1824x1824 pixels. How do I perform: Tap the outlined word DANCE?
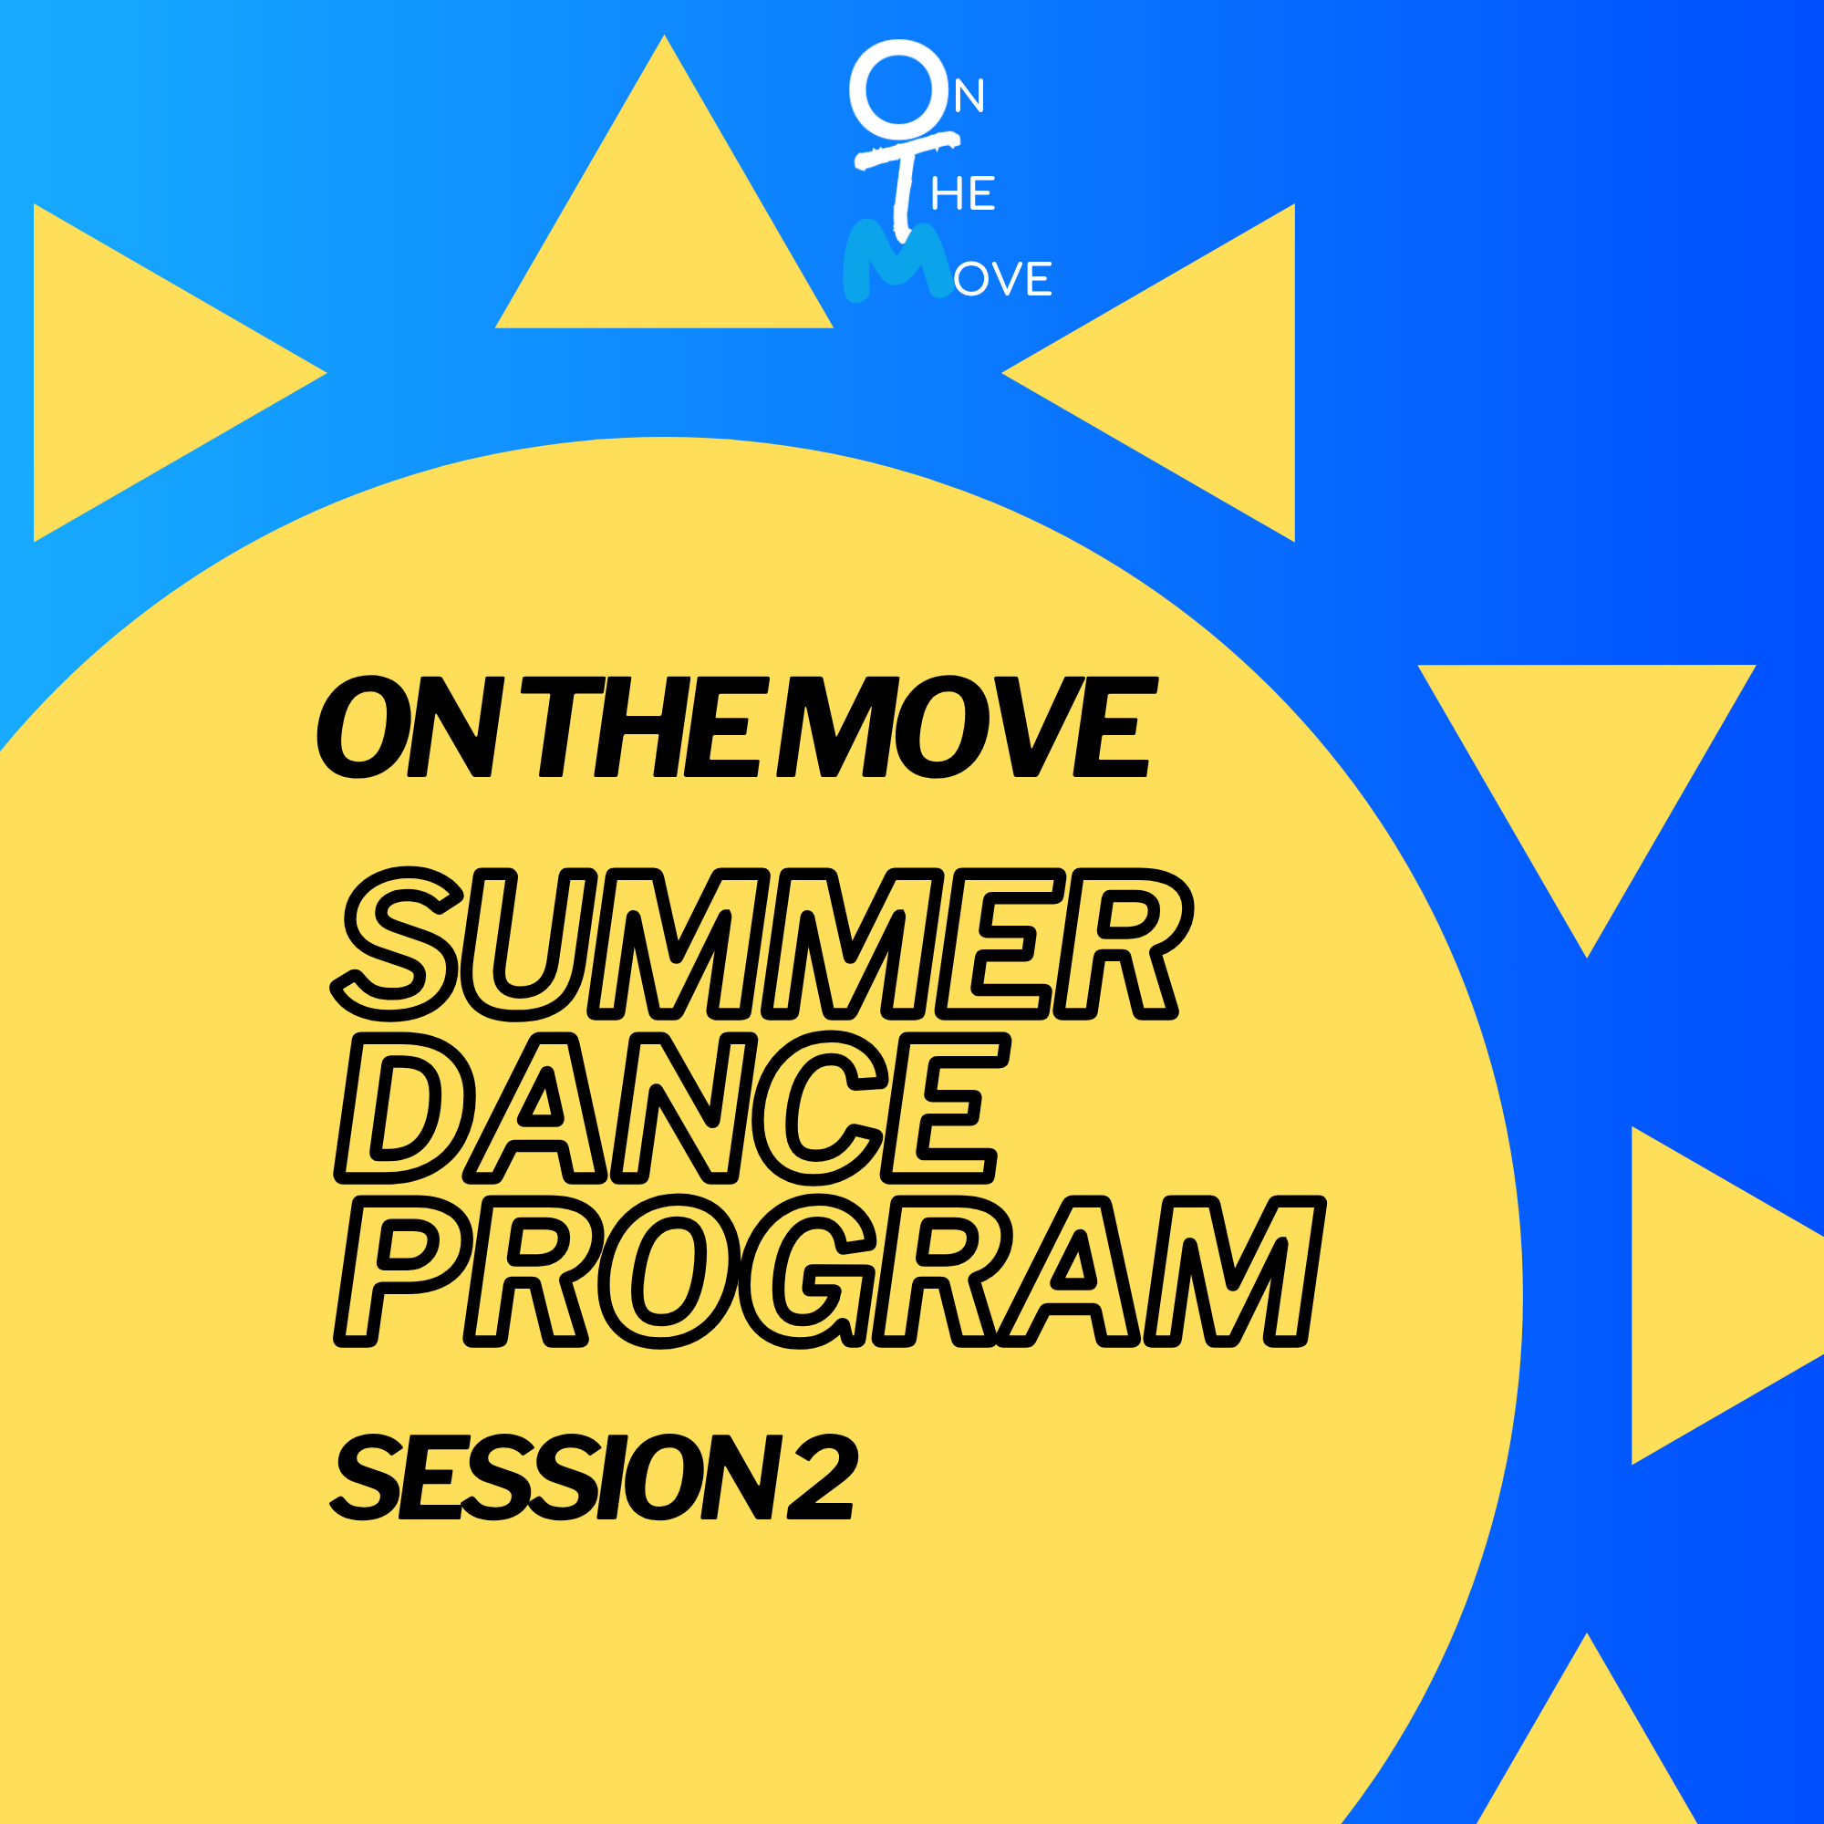[670, 1107]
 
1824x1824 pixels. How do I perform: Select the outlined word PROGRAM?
[831, 1271]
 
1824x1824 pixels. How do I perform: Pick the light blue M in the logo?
[896, 260]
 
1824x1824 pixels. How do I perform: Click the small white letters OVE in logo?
[1002, 279]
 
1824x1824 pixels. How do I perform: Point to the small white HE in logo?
[963, 193]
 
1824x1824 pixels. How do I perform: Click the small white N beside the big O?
[969, 97]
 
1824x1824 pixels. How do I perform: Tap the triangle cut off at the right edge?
[1709, 1295]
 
